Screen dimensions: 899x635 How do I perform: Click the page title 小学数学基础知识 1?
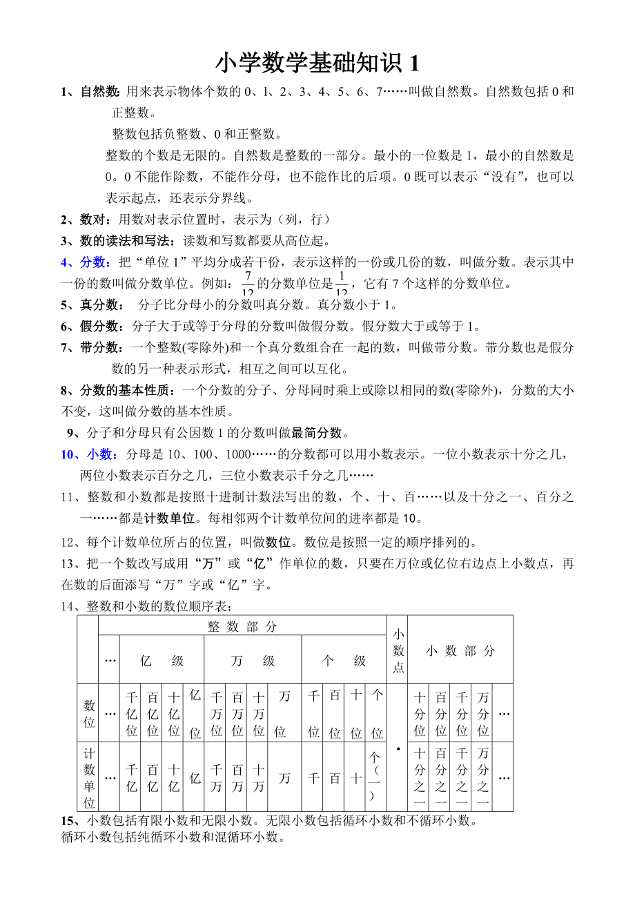coord(317,64)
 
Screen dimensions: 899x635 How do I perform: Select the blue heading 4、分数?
coord(84,262)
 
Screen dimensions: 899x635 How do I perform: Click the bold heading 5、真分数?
coord(92,305)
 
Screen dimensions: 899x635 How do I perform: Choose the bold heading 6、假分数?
coord(92,327)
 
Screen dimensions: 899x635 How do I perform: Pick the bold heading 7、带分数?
coord(92,348)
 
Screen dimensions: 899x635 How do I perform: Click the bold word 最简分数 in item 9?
coord(317,433)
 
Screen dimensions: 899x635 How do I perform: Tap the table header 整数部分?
coord(242,626)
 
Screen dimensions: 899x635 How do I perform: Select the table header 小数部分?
coord(460,650)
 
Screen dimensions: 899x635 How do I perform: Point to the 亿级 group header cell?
coord(162,661)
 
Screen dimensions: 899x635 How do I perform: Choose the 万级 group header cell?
coord(253,661)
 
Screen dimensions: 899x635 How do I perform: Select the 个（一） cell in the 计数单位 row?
coord(376,777)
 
